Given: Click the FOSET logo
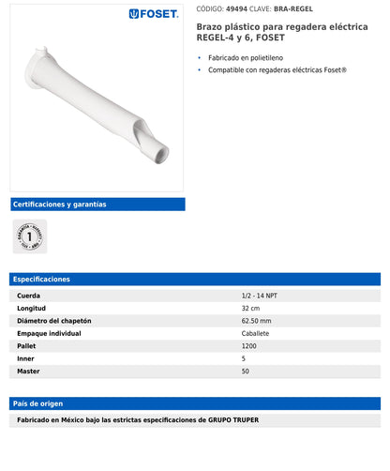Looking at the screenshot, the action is coord(154,14).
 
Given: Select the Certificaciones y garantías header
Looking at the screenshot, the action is coord(59,204).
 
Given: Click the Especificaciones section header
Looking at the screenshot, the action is coord(42,279).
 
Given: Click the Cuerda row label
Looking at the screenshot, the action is coord(28,296).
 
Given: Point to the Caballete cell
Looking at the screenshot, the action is coord(255,333).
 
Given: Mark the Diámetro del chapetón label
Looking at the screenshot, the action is coord(54,321).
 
